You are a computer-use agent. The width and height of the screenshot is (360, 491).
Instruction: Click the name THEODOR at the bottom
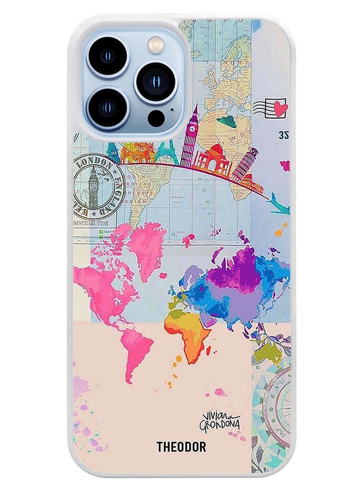click(181, 447)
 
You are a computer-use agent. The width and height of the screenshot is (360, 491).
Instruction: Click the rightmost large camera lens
click(155, 82)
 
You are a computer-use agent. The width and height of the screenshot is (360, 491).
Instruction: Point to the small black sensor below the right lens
click(156, 117)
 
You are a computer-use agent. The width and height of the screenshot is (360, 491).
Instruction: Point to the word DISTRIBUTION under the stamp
click(91, 223)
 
